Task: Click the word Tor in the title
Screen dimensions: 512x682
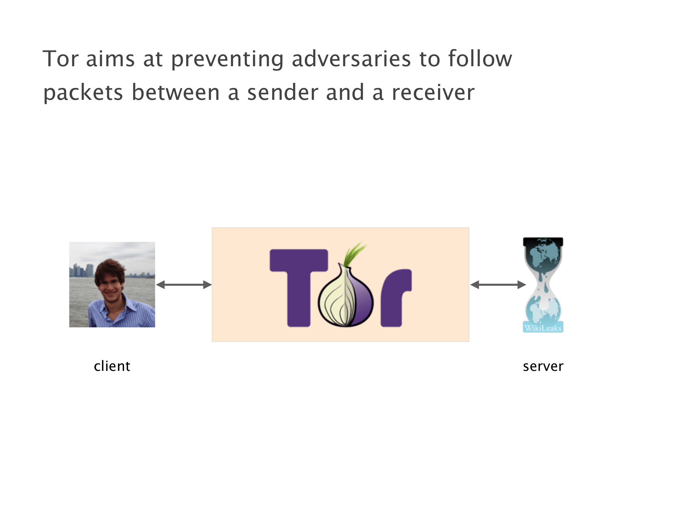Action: click(60, 59)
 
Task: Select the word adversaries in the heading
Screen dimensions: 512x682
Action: click(351, 59)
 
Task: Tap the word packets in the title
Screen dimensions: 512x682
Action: click(83, 93)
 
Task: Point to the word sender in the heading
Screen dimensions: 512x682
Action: click(283, 93)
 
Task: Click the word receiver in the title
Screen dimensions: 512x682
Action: click(433, 93)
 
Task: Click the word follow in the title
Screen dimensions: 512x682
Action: click(480, 59)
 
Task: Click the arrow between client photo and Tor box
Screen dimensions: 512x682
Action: click(184, 284)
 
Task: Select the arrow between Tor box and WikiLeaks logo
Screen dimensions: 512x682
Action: click(498, 284)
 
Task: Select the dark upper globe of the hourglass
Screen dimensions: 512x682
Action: click(543, 256)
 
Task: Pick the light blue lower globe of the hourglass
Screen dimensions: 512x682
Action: click(543, 309)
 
